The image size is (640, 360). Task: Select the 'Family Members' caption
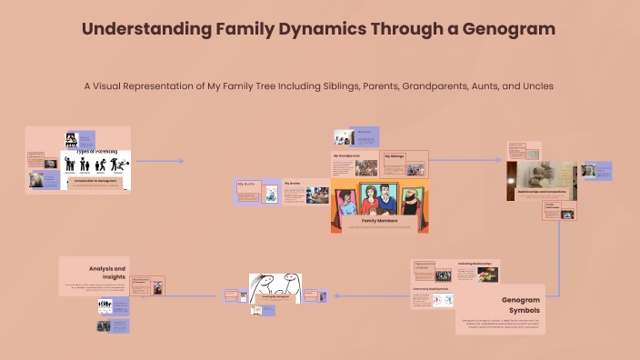click(380, 220)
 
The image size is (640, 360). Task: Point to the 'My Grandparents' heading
click(346, 156)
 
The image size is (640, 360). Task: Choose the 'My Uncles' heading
click(292, 184)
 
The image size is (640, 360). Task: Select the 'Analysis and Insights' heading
click(107, 274)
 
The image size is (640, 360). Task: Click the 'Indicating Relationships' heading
click(475, 264)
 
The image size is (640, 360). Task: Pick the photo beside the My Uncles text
click(317, 194)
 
